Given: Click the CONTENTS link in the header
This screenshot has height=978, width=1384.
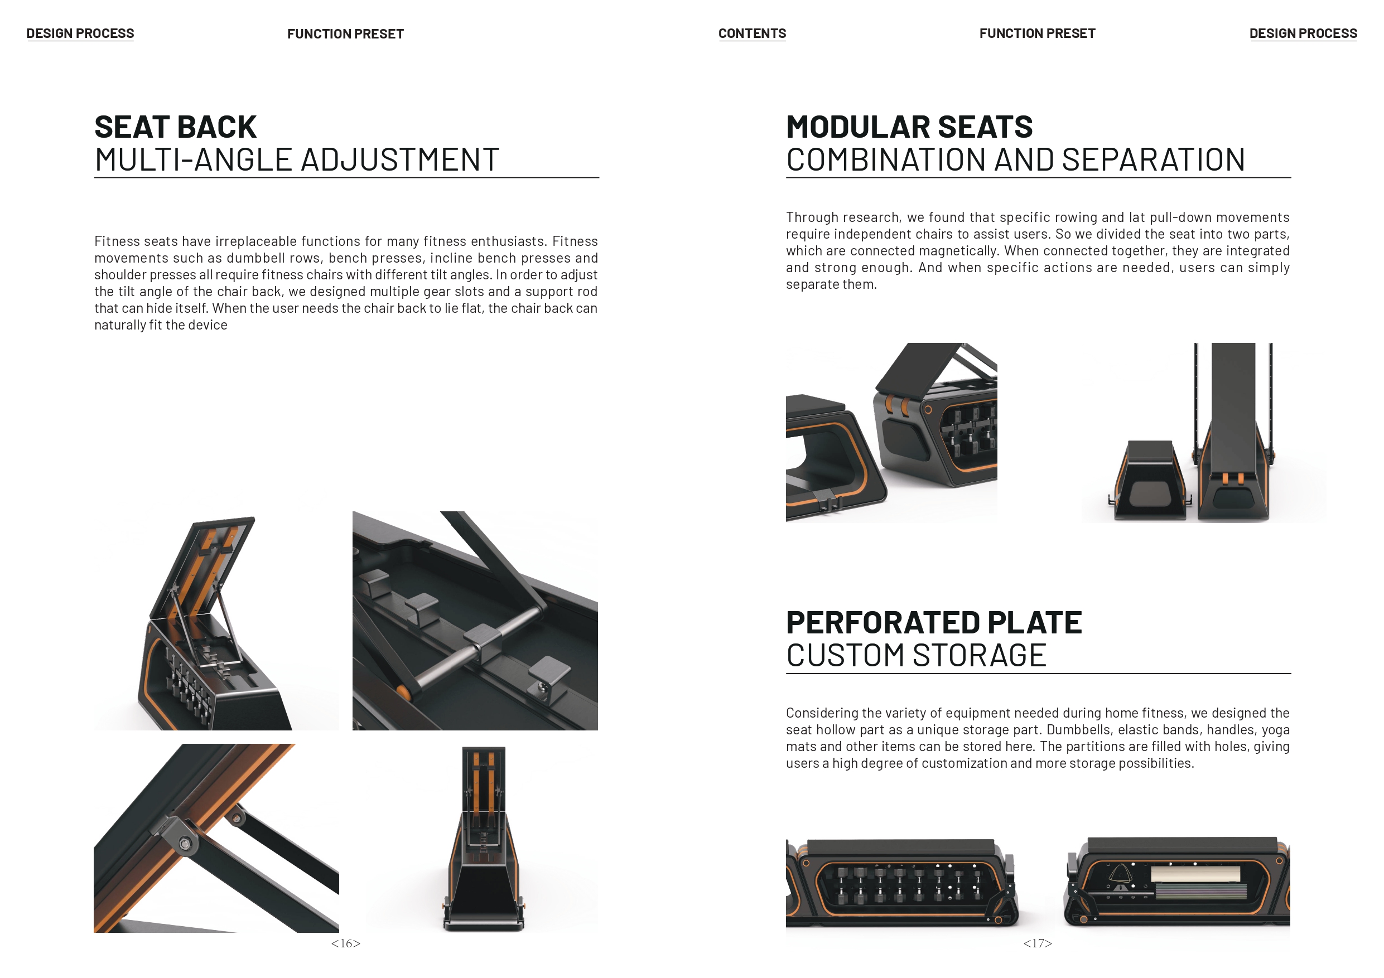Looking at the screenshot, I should [x=751, y=34].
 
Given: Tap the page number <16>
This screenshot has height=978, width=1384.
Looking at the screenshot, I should [x=345, y=943].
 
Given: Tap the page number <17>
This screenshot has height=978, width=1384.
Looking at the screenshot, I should [x=1038, y=943].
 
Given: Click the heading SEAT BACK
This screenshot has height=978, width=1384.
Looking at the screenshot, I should [x=175, y=127].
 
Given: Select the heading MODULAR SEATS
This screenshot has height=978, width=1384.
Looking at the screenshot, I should [x=909, y=127].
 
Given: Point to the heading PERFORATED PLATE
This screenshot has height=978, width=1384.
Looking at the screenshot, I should [x=934, y=622].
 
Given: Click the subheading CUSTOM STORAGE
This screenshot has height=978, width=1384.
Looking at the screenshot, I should [x=916, y=655].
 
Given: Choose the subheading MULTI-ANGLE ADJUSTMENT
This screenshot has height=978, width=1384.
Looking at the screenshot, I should [x=297, y=159].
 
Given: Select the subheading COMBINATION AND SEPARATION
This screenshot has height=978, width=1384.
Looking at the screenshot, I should [x=1015, y=159].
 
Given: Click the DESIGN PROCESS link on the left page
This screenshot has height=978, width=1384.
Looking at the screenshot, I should [x=80, y=34].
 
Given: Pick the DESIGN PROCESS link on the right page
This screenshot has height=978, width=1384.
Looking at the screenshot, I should [x=1303, y=34].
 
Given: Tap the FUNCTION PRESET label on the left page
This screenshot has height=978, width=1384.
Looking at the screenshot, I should [x=345, y=34].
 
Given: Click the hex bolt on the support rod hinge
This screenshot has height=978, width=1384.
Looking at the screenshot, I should [x=185, y=844].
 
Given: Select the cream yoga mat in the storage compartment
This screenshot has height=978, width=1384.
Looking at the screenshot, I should [x=1195, y=874].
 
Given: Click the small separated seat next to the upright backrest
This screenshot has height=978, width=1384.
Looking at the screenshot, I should [x=1149, y=481].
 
